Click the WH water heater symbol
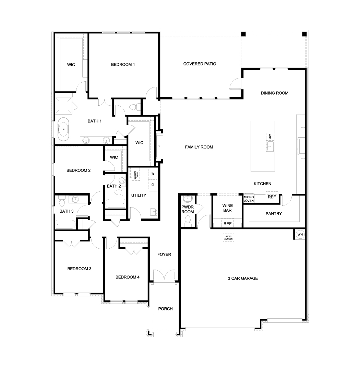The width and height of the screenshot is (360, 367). (x=300, y=234)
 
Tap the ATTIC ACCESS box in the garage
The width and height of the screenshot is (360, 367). (x=228, y=237)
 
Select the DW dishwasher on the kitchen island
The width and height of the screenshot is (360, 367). (x=270, y=137)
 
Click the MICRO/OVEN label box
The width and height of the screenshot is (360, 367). (x=249, y=199)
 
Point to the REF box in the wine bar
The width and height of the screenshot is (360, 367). (x=227, y=224)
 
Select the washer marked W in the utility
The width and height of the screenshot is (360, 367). (x=153, y=174)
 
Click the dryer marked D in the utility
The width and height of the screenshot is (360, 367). (x=153, y=184)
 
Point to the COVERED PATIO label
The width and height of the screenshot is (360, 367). (x=200, y=64)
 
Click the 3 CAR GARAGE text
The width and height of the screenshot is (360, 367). (x=243, y=278)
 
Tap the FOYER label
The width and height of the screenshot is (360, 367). (x=164, y=254)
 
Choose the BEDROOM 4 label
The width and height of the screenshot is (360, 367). (x=127, y=277)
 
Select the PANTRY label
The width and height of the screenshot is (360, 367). (x=274, y=214)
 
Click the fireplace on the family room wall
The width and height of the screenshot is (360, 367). (x=159, y=146)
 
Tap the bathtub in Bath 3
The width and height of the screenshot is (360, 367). (x=65, y=224)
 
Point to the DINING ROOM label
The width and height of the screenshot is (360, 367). (x=274, y=93)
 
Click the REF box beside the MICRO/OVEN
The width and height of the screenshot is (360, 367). (x=272, y=197)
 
